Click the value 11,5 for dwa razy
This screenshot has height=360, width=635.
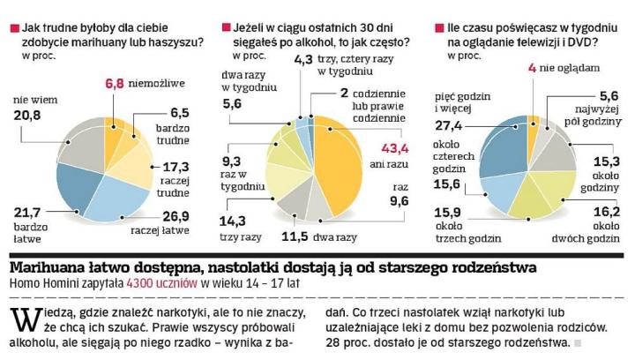click(300, 236)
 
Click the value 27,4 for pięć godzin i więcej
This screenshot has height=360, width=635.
click(452, 126)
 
